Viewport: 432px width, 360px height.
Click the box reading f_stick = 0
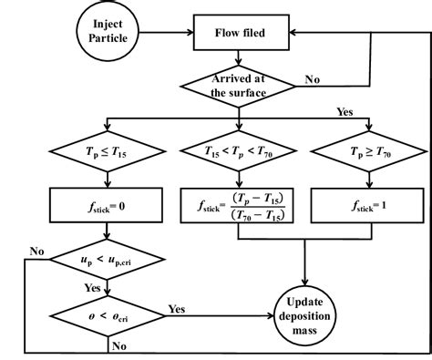[x=108, y=205]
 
